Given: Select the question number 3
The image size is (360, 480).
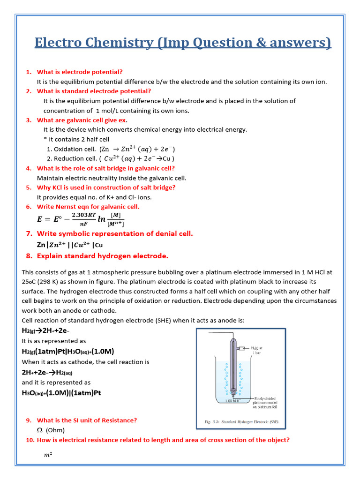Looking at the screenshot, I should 29,120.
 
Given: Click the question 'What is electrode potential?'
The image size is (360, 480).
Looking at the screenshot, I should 80,72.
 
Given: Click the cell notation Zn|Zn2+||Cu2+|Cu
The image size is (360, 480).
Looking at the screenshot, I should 70,245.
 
